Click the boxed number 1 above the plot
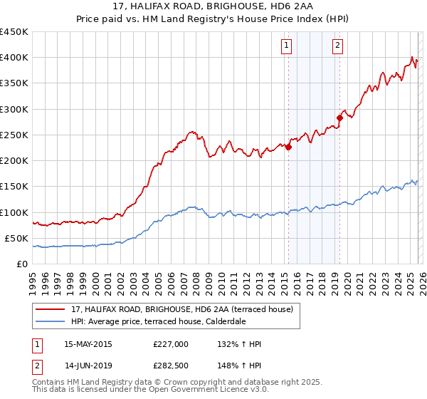286,46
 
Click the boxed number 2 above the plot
337,46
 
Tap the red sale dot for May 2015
288,147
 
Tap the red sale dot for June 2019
339,118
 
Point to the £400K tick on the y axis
14,58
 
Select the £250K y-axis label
14,135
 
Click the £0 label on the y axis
22,264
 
